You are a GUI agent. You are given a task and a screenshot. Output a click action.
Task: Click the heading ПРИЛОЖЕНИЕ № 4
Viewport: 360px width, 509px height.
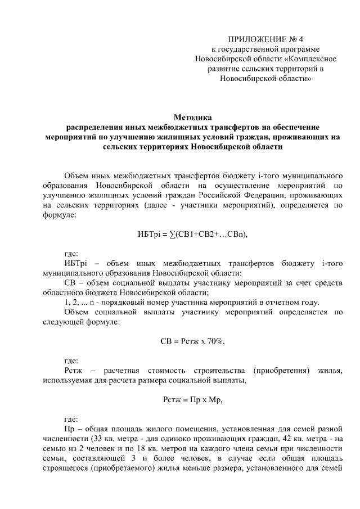pos(265,39)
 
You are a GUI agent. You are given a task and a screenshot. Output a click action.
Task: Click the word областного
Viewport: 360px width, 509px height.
pos(62,292)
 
